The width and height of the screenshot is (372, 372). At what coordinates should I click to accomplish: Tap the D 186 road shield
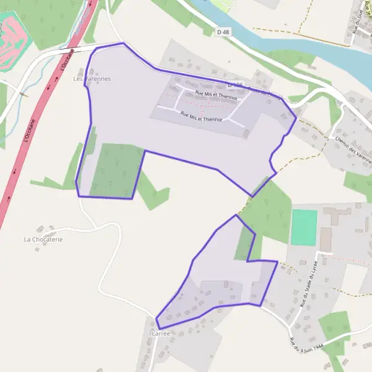click(x=235, y=84)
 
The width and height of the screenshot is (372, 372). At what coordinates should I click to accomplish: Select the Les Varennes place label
click(x=92, y=79)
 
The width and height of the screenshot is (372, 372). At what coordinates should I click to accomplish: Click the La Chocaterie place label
click(x=43, y=239)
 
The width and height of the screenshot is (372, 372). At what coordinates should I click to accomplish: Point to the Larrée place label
click(x=161, y=333)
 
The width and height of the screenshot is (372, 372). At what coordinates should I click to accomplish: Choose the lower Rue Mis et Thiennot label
click(x=201, y=117)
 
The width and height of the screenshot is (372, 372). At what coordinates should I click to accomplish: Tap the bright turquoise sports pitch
click(x=304, y=228)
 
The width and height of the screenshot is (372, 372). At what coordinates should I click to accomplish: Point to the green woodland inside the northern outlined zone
click(x=117, y=170)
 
